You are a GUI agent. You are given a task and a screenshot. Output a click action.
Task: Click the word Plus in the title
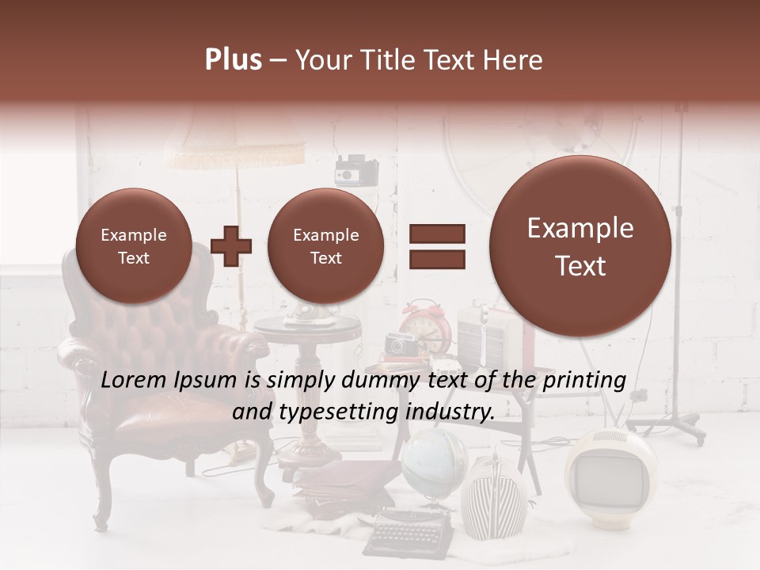coord(233,60)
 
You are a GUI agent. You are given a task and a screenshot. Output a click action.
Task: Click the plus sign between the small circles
coord(231,246)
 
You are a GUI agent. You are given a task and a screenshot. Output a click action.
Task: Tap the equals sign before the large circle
coord(436,245)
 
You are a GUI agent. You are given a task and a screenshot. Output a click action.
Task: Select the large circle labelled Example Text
coord(580,246)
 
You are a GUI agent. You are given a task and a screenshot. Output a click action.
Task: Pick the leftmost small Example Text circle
coord(133,246)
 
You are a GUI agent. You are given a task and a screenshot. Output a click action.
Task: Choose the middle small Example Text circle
coord(325,246)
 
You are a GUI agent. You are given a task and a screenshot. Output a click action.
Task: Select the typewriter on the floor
coord(408,530)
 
